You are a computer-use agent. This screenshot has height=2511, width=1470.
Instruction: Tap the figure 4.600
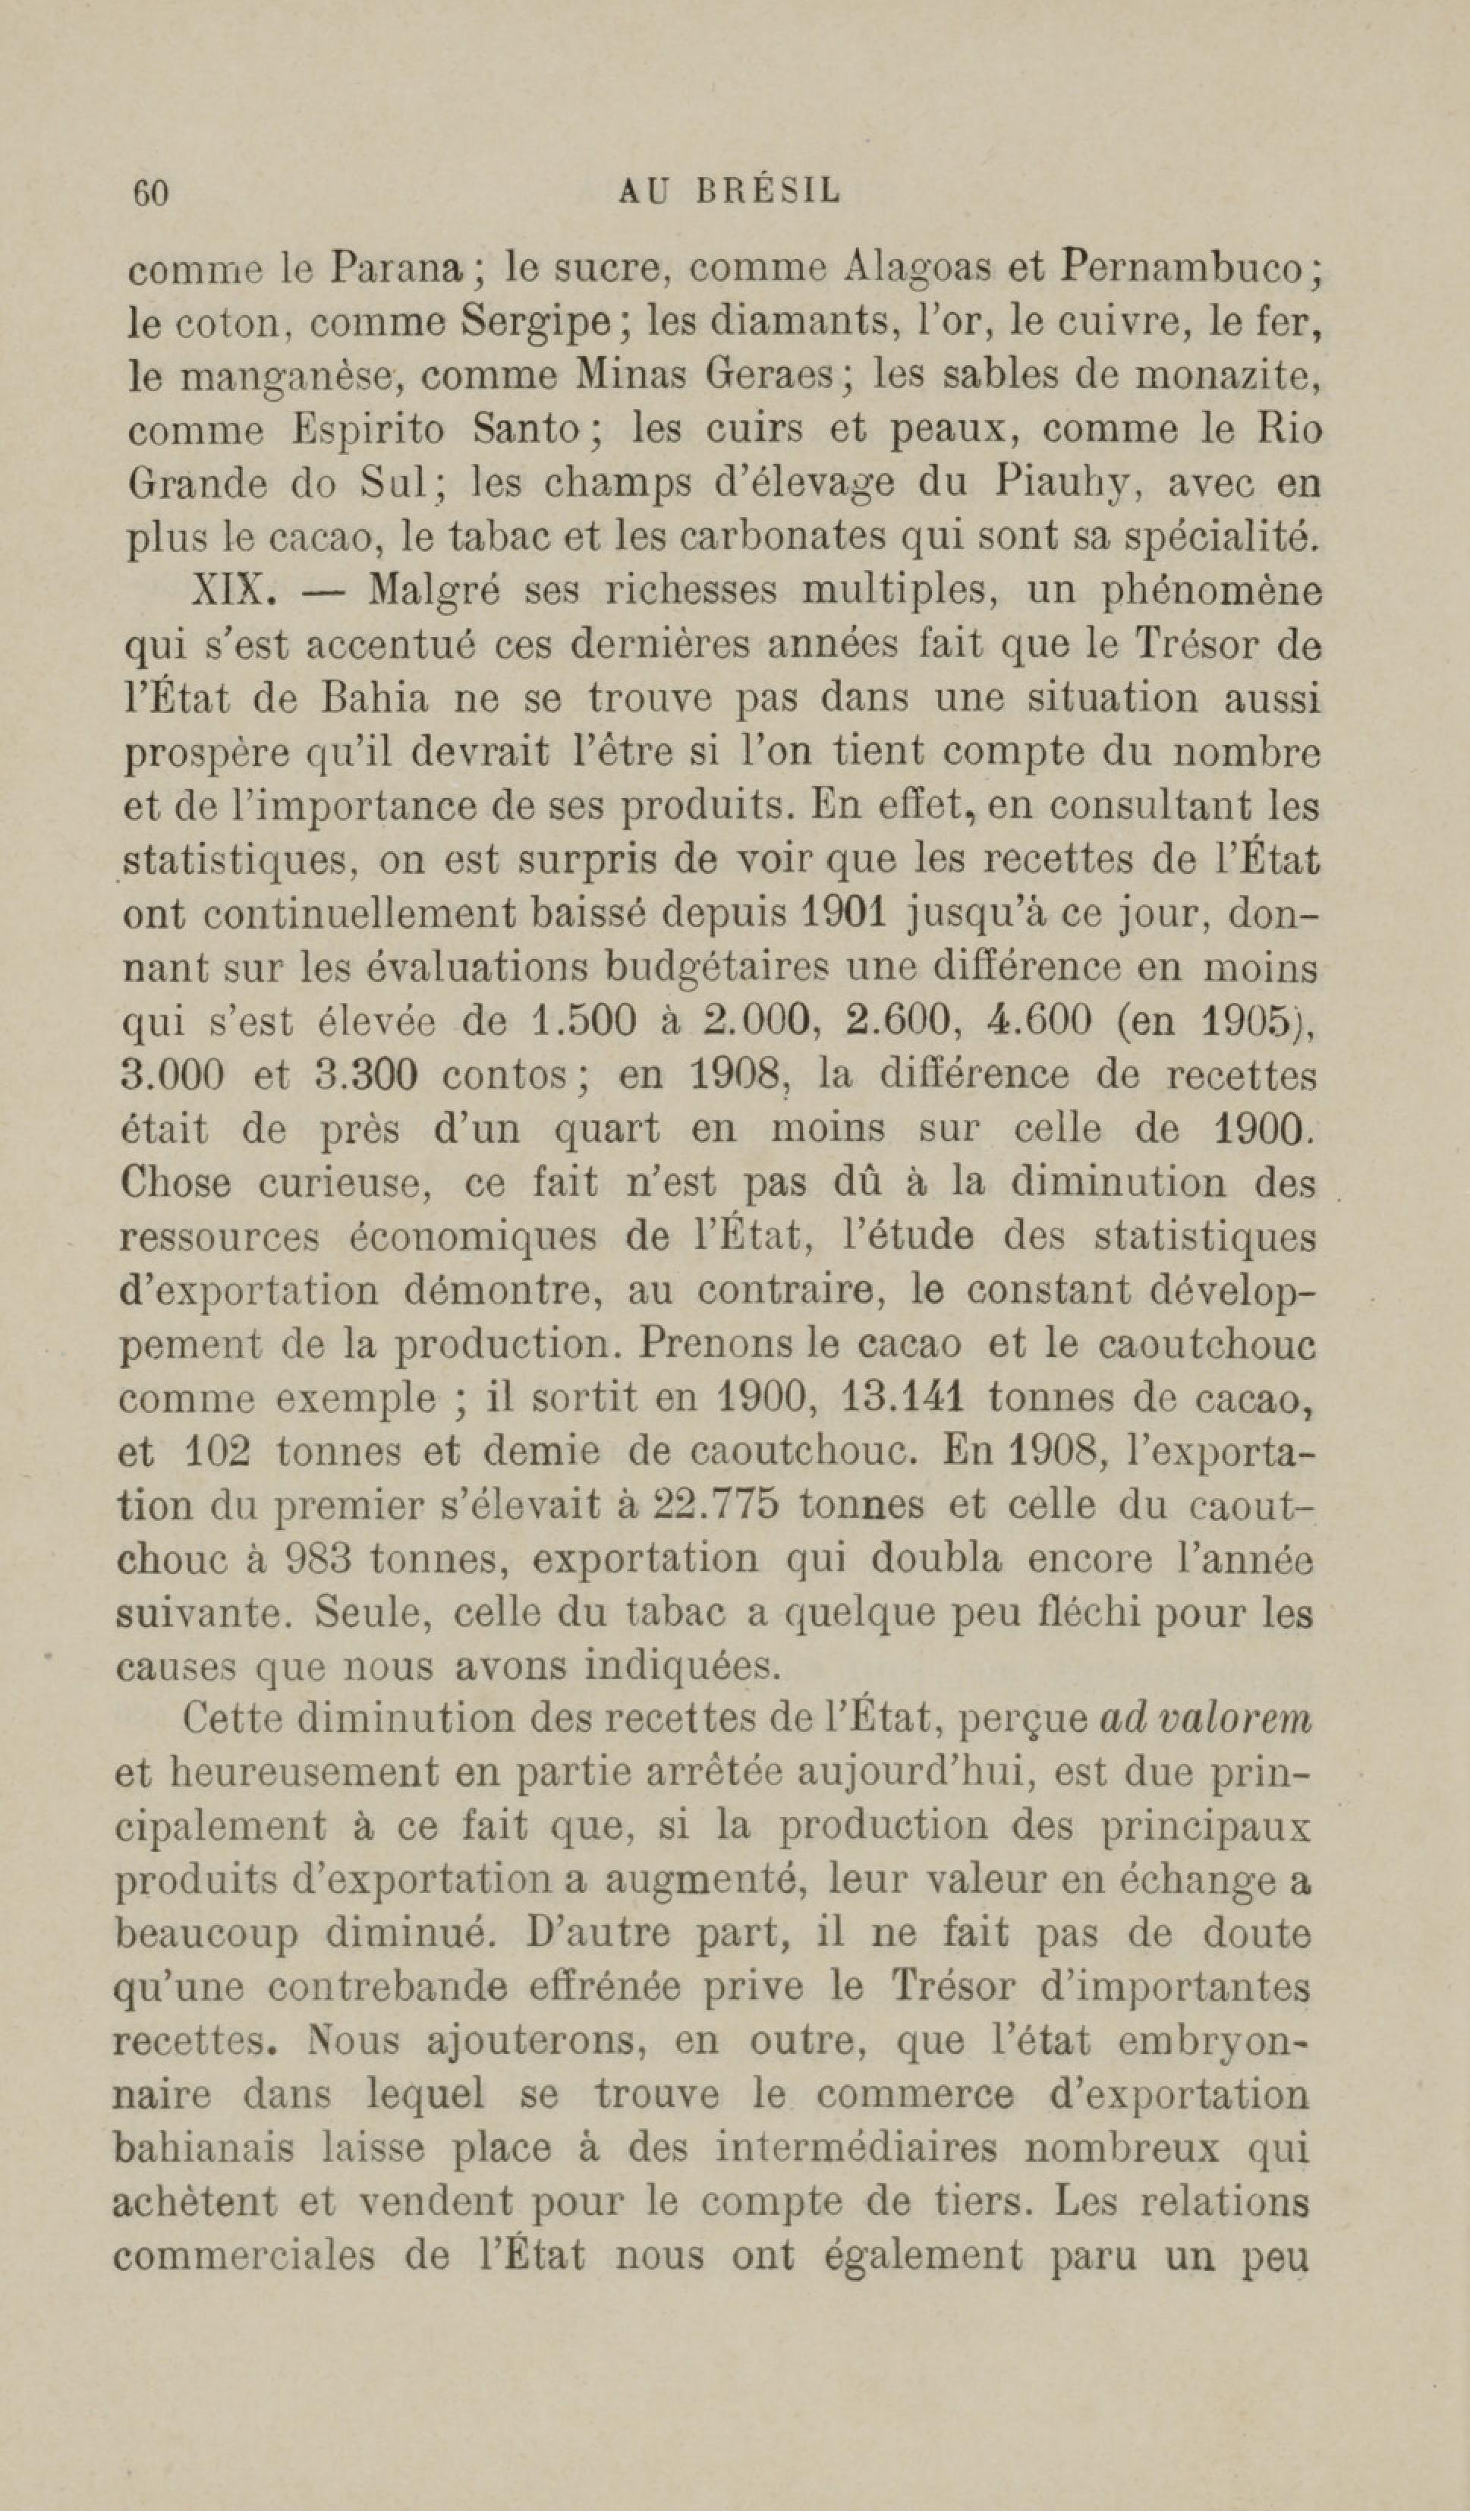click(x=1039, y=1021)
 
